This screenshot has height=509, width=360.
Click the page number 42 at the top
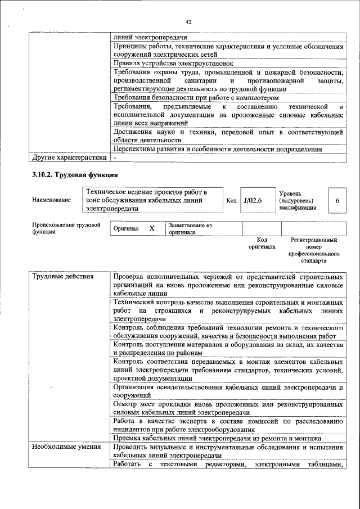[x=188, y=22]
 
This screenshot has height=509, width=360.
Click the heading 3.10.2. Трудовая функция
[x=75, y=175]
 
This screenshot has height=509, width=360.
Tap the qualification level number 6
[x=337, y=201]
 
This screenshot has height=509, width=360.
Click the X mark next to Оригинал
[x=151, y=229]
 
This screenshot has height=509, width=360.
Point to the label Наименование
[x=52, y=201]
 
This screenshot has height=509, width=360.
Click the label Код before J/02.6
[x=231, y=201]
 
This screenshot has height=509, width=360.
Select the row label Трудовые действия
[x=62, y=277]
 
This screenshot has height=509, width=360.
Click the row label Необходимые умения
[x=66, y=448]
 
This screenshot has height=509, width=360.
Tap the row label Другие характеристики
[x=69, y=157]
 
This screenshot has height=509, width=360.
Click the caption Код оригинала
[x=262, y=243]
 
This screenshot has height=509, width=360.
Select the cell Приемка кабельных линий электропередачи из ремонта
[x=217, y=438]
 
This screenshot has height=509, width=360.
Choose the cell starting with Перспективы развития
[x=217, y=149]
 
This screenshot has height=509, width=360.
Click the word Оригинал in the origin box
[x=126, y=229]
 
